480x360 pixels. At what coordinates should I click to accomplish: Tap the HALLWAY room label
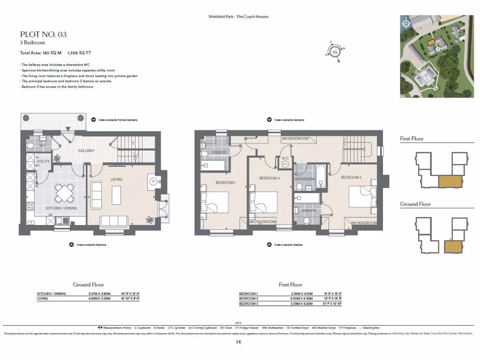(86, 150)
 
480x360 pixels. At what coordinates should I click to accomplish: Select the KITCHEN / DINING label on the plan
(61, 208)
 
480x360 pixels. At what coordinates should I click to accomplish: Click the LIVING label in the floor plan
(116, 179)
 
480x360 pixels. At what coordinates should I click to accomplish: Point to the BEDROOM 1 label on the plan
(225, 182)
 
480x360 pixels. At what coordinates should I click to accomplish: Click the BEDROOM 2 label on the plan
(351, 178)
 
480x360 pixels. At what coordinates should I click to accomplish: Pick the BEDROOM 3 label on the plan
(270, 178)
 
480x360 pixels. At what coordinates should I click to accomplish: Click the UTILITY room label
(43, 161)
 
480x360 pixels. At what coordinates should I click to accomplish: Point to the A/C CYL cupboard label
(285, 162)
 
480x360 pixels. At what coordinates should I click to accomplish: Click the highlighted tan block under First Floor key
(450, 181)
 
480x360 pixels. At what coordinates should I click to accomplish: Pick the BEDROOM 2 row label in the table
(248, 299)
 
